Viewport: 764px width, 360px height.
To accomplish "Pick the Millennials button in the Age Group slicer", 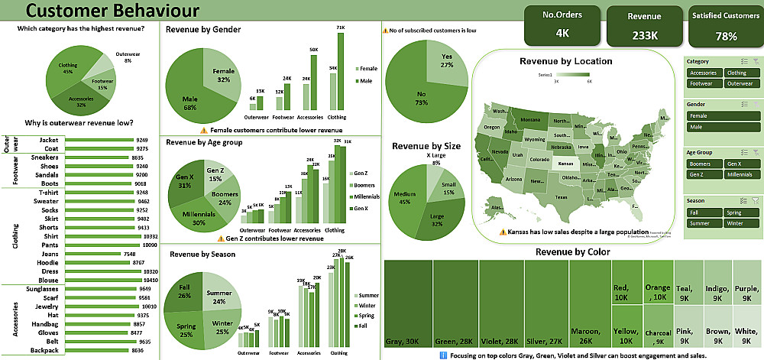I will point(738,175).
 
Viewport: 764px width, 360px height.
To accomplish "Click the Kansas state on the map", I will point(565,163).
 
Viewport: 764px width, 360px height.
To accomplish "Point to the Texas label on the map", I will point(561,197).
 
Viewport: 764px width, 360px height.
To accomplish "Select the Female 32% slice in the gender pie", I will point(220,76).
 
